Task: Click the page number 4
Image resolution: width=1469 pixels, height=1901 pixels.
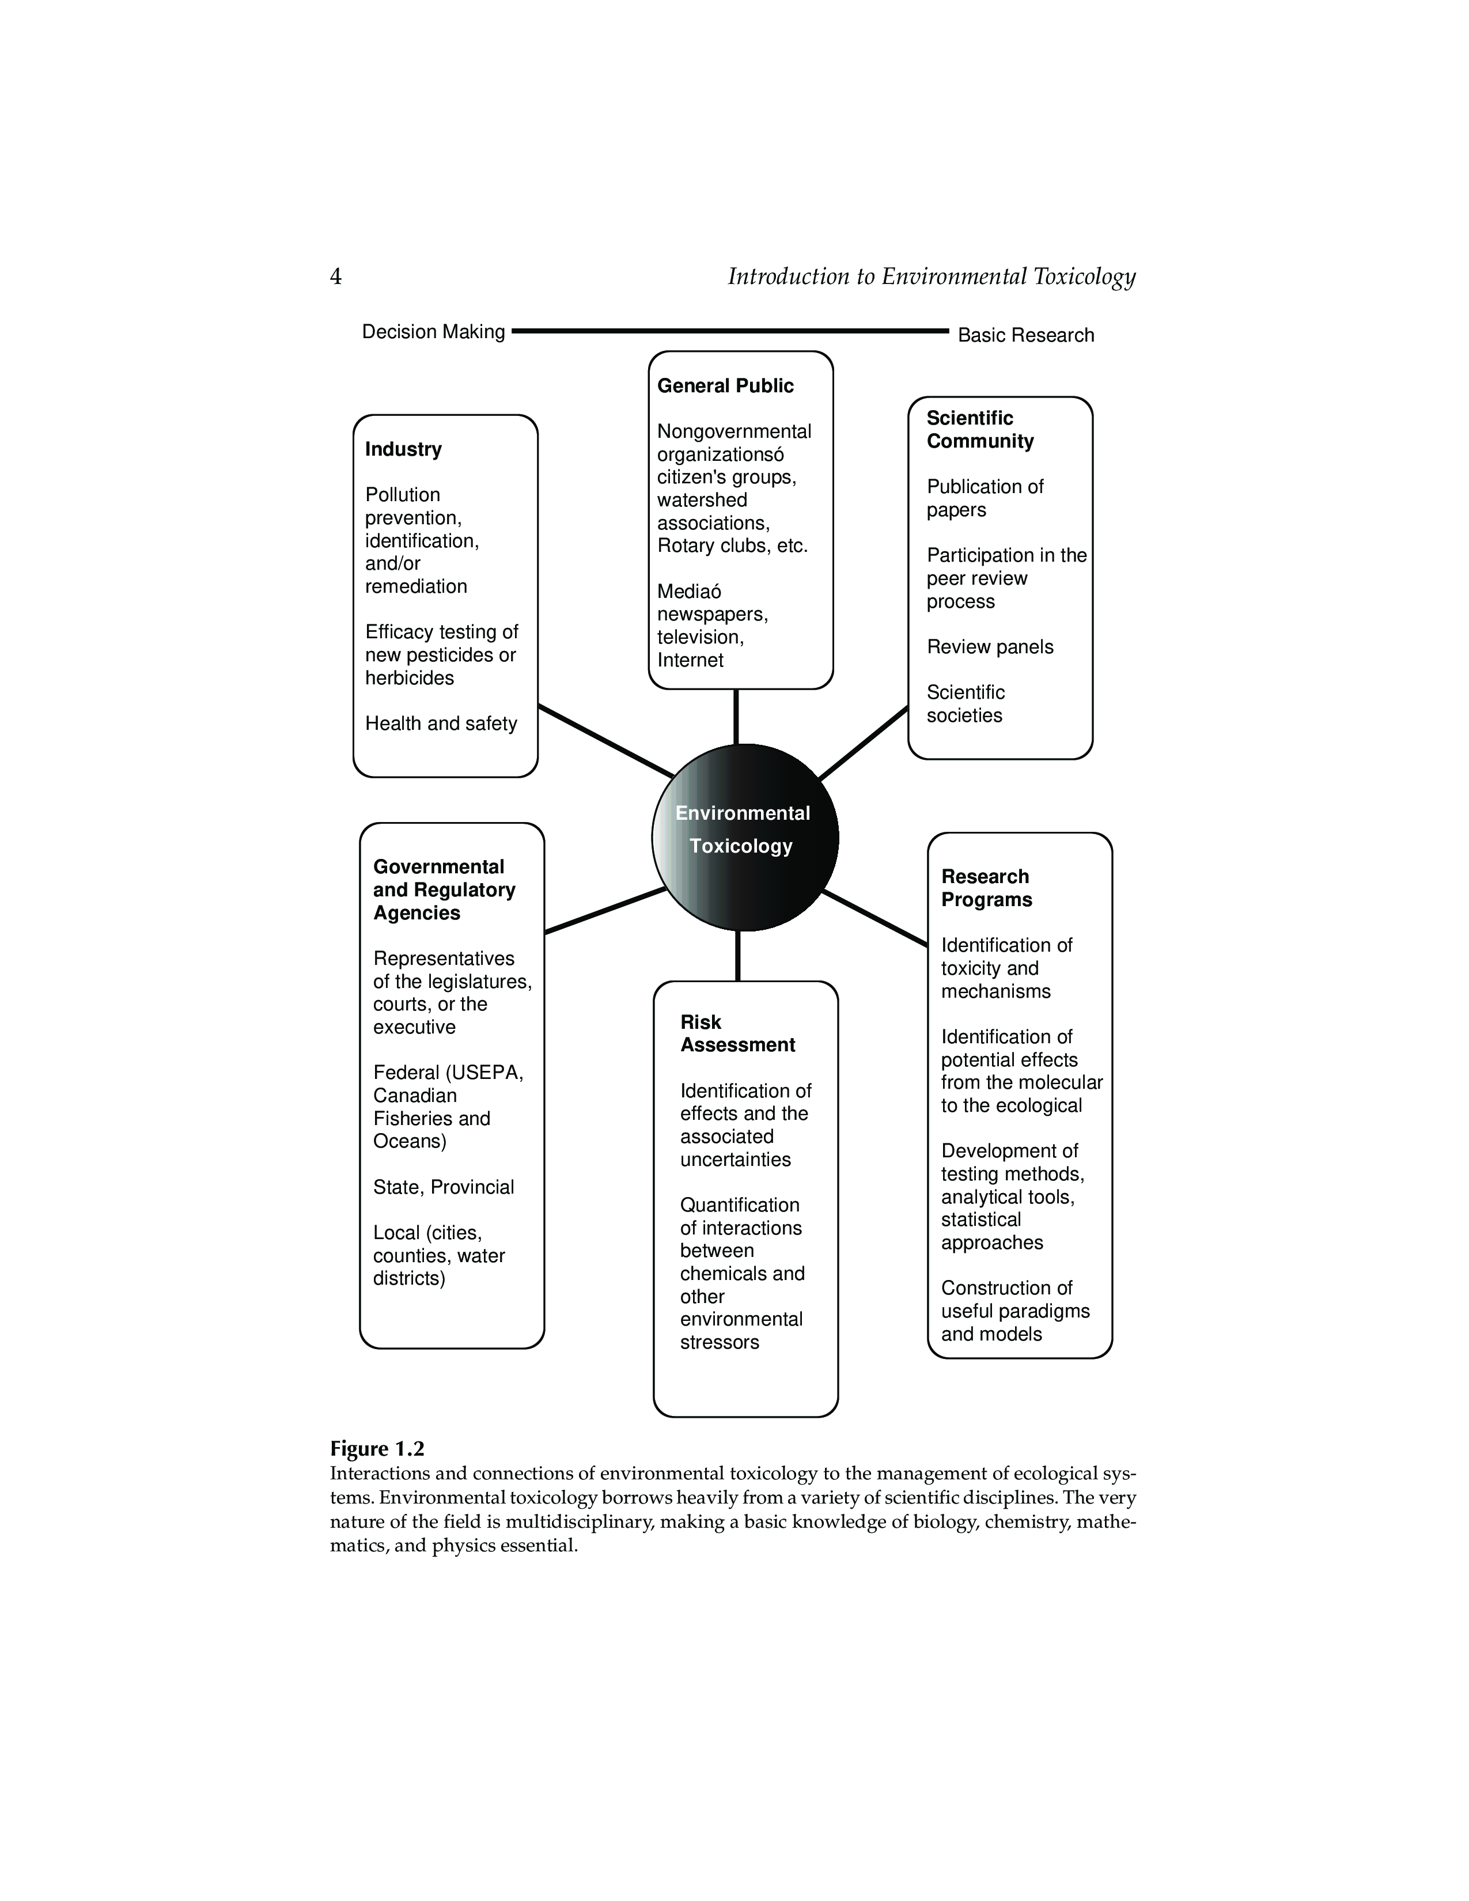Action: (x=335, y=277)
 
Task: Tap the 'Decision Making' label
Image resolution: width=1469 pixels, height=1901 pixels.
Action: (x=433, y=332)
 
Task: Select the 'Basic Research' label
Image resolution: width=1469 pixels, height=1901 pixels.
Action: (x=1025, y=335)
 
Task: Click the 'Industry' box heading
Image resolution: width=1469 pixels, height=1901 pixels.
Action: (x=403, y=449)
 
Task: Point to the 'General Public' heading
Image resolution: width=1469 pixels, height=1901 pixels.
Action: (x=725, y=385)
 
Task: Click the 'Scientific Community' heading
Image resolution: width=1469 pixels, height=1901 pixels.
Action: (x=980, y=429)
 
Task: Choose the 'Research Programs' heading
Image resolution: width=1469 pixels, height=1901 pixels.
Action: (x=986, y=888)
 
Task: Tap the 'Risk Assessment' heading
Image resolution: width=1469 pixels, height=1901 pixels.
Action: (x=737, y=1033)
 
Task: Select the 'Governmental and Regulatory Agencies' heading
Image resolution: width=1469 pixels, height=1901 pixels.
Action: (x=444, y=889)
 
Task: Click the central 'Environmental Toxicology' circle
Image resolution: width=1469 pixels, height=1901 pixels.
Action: (x=745, y=838)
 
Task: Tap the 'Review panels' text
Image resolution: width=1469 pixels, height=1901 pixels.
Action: (x=990, y=647)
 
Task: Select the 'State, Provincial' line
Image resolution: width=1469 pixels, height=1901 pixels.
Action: (x=443, y=1187)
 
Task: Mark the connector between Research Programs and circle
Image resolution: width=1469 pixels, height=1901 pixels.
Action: (x=874, y=918)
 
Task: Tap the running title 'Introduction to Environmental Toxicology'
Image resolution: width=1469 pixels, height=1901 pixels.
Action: (x=931, y=277)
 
